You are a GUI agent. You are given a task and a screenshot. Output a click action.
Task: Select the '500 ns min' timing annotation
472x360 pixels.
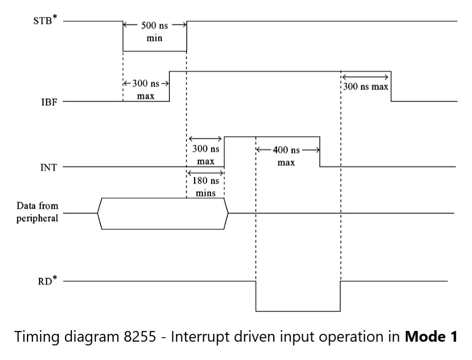tap(154, 31)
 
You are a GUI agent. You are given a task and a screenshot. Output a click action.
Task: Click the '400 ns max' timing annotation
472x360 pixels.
tap(286, 156)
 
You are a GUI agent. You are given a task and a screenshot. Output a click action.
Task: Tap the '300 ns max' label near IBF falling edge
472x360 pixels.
tap(365, 87)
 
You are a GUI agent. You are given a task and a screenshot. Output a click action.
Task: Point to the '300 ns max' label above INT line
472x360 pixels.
tap(205, 155)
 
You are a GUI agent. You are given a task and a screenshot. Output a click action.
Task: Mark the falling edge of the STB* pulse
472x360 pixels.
tap(123, 36)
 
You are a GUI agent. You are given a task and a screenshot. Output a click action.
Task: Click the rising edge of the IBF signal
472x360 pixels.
tap(169, 86)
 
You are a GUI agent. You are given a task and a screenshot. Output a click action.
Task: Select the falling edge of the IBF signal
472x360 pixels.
tap(391, 86)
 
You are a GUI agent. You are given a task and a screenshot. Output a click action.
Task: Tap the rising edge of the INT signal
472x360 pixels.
tap(224, 152)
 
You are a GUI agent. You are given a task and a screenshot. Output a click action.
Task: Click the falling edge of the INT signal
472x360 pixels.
tap(320, 152)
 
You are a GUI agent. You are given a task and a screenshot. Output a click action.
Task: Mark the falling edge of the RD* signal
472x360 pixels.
tap(256, 296)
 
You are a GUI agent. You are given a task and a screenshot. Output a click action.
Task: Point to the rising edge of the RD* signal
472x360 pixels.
tap(340, 296)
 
